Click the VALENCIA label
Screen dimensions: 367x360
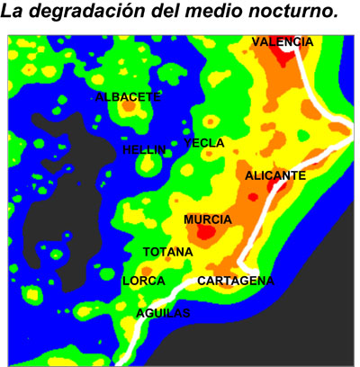[283, 42]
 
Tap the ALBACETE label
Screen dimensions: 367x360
[128, 96]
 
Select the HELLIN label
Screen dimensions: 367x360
[145, 150]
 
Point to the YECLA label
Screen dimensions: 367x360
[204, 143]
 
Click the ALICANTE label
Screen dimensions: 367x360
[275, 176]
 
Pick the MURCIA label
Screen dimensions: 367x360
[208, 219]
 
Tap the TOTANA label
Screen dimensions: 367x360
[167, 252]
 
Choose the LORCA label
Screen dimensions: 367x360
[143, 281]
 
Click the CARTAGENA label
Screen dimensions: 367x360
[235, 281]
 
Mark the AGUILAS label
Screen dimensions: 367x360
[163, 312]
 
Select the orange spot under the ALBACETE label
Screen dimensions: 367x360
[128, 107]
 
